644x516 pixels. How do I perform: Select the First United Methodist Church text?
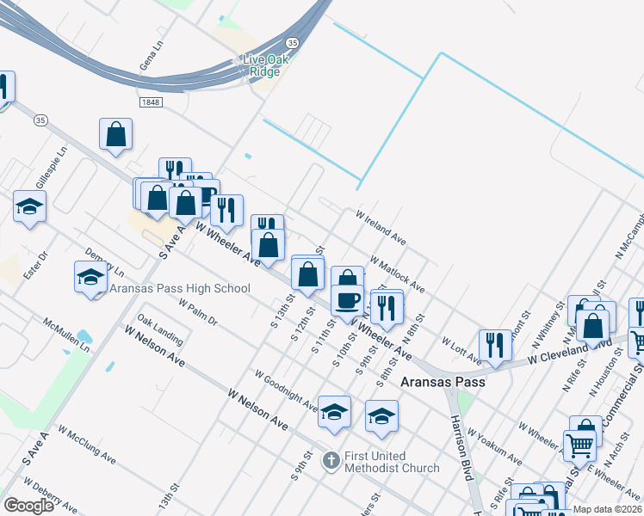click(x=392, y=462)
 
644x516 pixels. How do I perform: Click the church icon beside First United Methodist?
click(x=331, y=461)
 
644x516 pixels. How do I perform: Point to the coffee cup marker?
click(x=347, y=300)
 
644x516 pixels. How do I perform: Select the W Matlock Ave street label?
click(x=398, y=273)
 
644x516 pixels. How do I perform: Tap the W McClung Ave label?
click(x=86, y=444)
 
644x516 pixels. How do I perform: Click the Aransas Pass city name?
click(x=443, y=381)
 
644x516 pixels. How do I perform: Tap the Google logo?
click(x=28, y=506)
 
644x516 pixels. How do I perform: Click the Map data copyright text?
click(x=607, y=509)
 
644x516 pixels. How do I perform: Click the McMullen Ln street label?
click(x=66, y=335)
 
